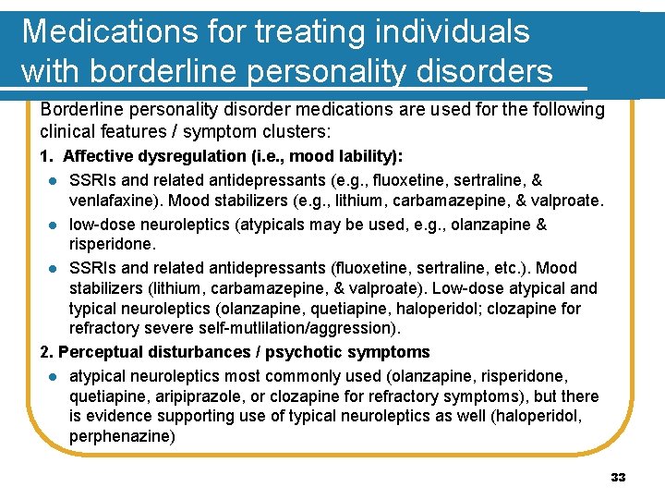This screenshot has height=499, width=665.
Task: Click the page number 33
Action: [x=618, y=477]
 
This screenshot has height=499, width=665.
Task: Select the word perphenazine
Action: [x=120, y=435]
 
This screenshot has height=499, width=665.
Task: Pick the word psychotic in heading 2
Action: [x=312, y=352]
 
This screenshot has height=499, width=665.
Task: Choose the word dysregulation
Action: [x=196, y=156]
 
